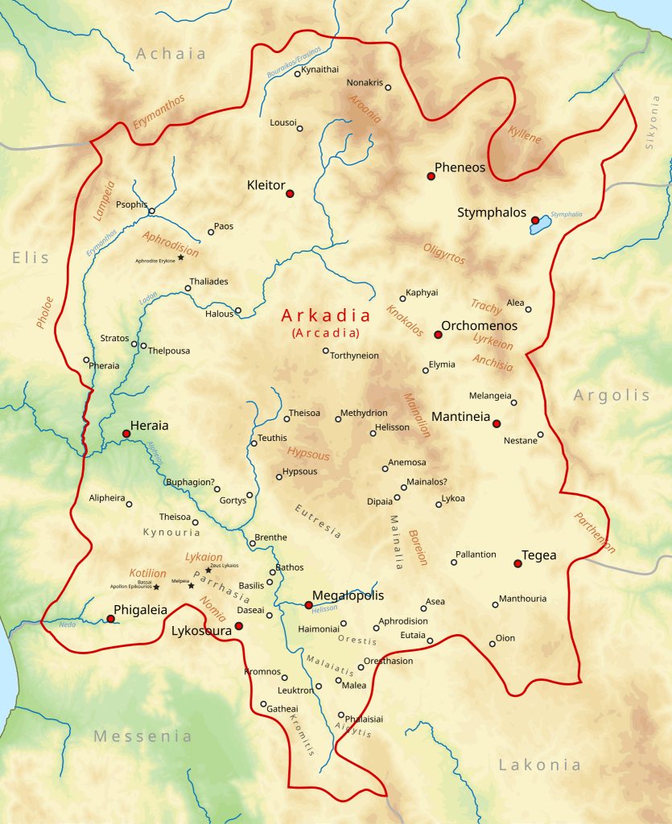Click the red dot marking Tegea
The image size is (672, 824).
click(517, 563)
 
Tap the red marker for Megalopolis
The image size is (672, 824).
click(308, 604)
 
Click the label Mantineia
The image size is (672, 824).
click(460, 417)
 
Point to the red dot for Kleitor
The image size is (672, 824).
click(290, 193)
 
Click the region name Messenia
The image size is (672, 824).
click(143, 736)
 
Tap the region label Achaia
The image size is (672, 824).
click(171, 54)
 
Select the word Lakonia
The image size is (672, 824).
click(539, 764)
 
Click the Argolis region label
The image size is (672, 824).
click(612, 395)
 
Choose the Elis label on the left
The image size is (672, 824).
click(31, 258)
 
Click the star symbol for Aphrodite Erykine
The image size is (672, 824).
click(181, 257)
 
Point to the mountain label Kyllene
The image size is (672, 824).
click(525, 135)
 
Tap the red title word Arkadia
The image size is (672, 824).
click(326, 315)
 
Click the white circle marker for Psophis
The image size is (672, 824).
click(151, 211)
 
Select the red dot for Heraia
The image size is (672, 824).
click(126, 434)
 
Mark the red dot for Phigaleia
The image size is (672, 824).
click(110, 619)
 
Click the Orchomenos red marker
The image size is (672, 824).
click(438, 335)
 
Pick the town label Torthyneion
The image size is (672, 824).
click(355, 356)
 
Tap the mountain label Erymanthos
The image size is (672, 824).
click(159, 112)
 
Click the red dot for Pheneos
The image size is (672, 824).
click(431, 176)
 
